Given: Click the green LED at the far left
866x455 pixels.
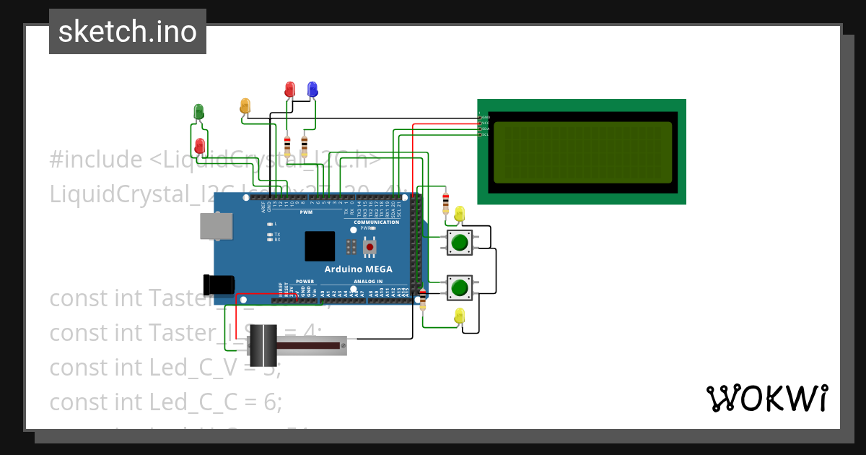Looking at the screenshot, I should click(x=199, y=111).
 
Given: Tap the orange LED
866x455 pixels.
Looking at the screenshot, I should click(x=245, y=105).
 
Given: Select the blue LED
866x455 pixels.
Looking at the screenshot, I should click(x=312, y=89).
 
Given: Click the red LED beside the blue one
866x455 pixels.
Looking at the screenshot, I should click(x=290, y=89).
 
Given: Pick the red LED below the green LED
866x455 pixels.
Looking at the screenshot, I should click(x=200, y=146).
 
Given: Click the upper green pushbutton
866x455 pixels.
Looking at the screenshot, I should click(x=460, y=243).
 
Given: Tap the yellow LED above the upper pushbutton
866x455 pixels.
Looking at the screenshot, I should click(x=460, y=214).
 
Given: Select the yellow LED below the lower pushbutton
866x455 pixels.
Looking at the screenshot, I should click(x=460, y=316).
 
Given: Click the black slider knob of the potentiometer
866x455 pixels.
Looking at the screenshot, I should click(x=263, y=346).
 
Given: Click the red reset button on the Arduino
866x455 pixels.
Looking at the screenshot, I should click(x=370, y=247).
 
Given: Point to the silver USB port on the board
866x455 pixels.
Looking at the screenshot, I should click(x=216, y=227).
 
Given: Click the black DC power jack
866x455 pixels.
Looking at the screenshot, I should click(x=219, y=285).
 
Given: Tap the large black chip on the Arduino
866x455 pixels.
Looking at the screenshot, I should click(x=320, y=246).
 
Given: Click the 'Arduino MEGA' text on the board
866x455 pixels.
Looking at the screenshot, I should click(x=358, y=269).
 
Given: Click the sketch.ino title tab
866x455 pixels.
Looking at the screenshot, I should click(x=128, y=32).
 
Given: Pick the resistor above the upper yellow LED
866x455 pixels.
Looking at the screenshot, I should click(x=445, y=202).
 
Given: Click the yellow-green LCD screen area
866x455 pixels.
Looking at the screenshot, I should click(x=583, y=152).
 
